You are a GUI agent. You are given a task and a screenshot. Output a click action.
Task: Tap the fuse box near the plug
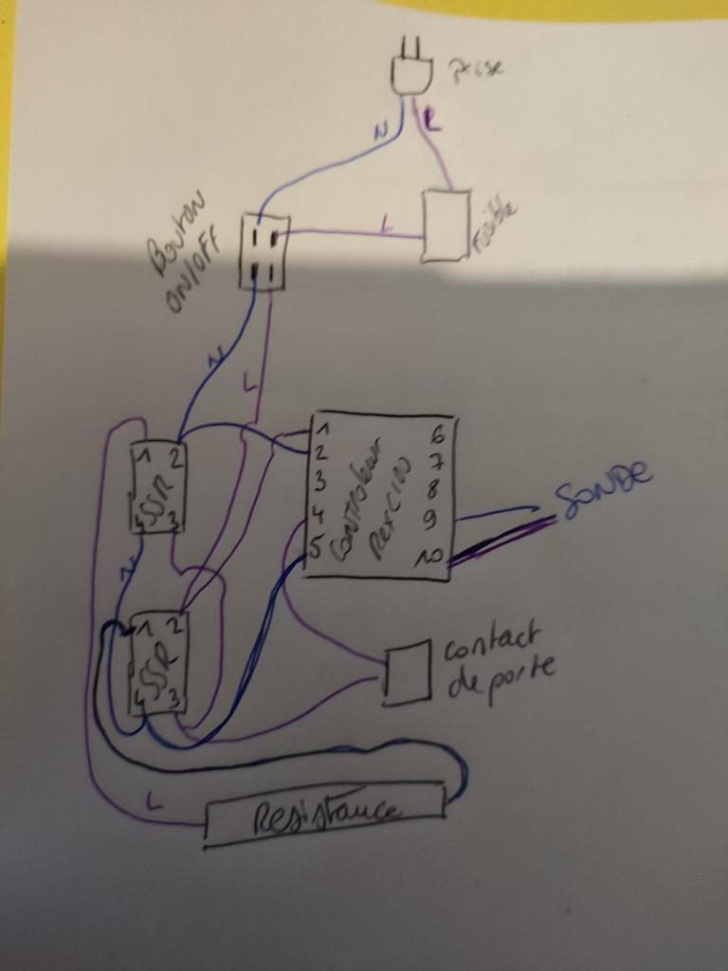[446, 226]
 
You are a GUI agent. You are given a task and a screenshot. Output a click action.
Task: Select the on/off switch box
[264, 251]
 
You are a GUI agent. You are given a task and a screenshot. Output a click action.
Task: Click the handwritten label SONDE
[604, 489]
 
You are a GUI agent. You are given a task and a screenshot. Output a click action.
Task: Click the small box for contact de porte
[407, 674]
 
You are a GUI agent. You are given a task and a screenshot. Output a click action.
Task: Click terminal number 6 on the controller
[437, 436]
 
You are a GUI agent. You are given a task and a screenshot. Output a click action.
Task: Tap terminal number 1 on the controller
[321, 427]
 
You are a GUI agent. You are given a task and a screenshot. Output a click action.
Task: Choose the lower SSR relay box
[157, 662]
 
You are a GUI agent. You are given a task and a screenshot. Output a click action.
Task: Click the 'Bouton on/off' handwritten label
[185, 251]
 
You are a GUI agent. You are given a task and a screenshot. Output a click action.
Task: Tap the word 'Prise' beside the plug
[477, 68]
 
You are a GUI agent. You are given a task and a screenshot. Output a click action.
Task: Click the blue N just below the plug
[380, 133]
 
